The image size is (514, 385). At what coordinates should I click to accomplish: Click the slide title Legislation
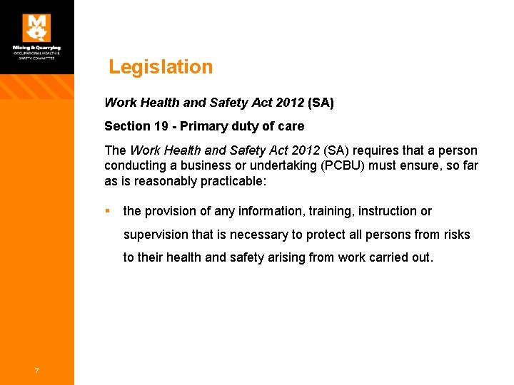pyautogui.click(x=161, y=67)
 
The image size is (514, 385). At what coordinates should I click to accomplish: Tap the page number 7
pyautogui.click(x=36, y=369)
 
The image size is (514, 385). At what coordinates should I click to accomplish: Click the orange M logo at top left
pyautogui.click(x=36, y=28)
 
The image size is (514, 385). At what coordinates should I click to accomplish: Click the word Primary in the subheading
pyautogui.click(x=203, y=126)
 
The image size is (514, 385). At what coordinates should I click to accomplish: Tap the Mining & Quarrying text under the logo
pyautogui.click(x=36, y=48)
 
